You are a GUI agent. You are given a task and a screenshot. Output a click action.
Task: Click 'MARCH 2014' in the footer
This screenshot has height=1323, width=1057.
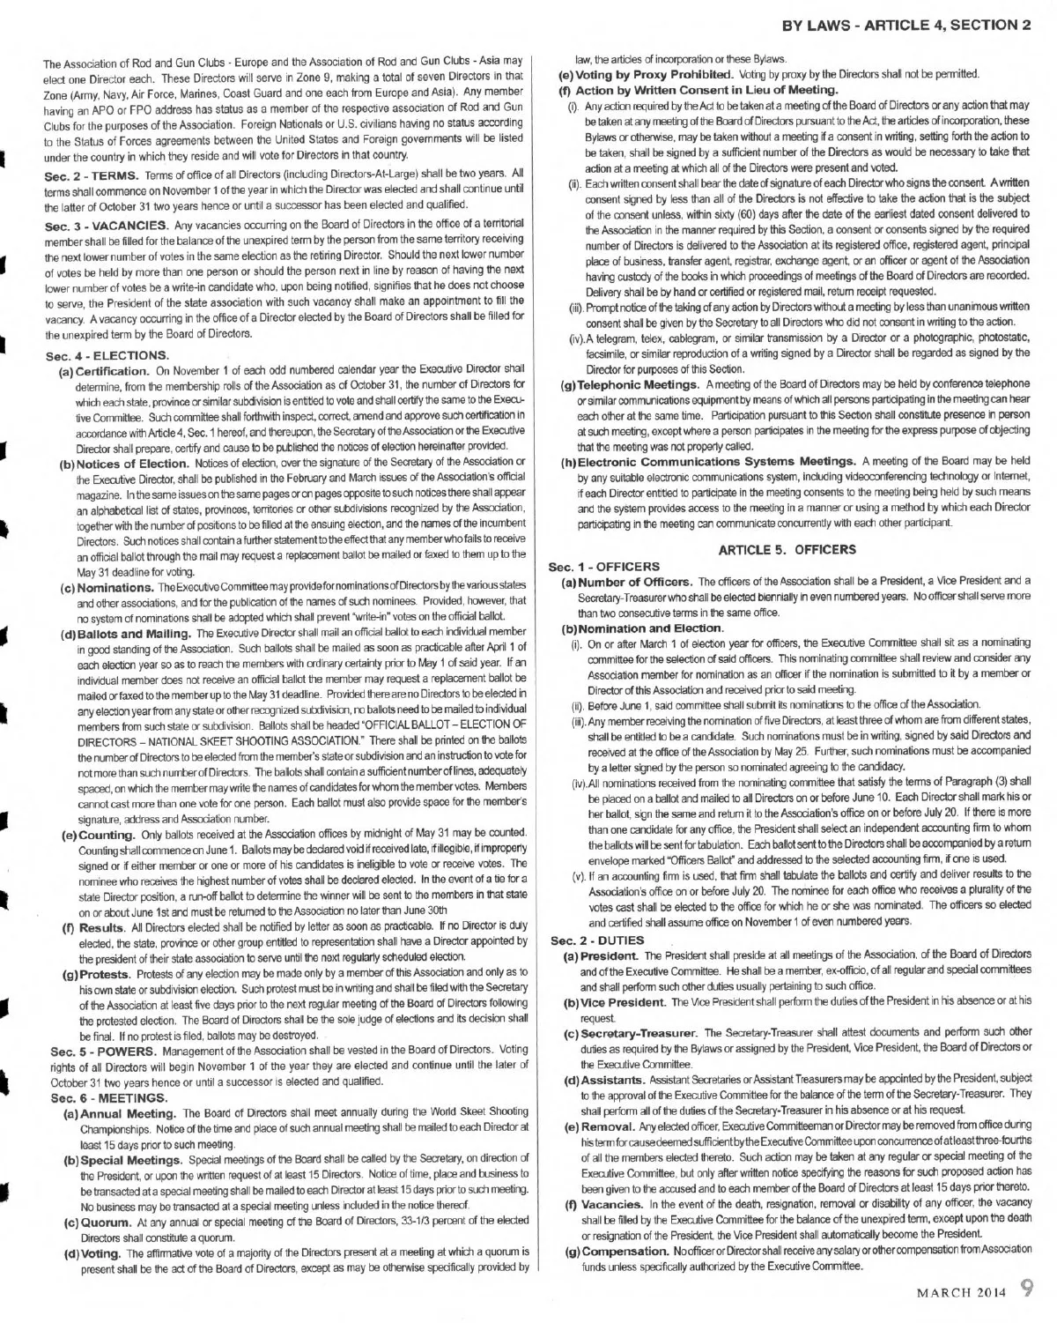[x=961, y=1293]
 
